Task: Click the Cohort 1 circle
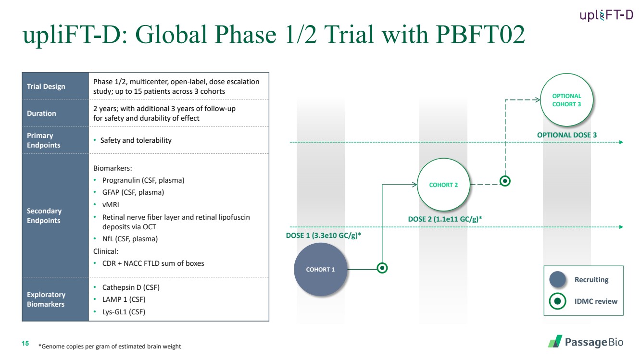click(321, 269)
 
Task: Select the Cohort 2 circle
click(443, 185)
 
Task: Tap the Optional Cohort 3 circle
click(566, 100)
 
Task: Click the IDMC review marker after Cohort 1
click(382, 268)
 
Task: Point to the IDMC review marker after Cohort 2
click(505, 181)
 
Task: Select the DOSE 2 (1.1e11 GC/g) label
click(445, 219)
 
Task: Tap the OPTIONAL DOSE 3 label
click(566, 135)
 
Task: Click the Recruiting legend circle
click(557, 280)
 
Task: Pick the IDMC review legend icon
click(557, 301)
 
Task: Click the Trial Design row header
click(46, 87)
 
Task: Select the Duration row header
click(42, 113)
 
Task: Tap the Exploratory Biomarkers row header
click(46, 299)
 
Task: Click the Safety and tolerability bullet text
click(136, 140)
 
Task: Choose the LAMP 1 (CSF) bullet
click(124, 299)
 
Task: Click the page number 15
click(25, 343)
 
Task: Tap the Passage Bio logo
click(586, 342)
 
